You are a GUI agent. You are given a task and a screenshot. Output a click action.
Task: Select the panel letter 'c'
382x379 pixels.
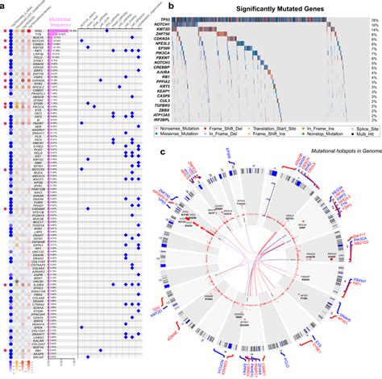(x=185, y=150)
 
